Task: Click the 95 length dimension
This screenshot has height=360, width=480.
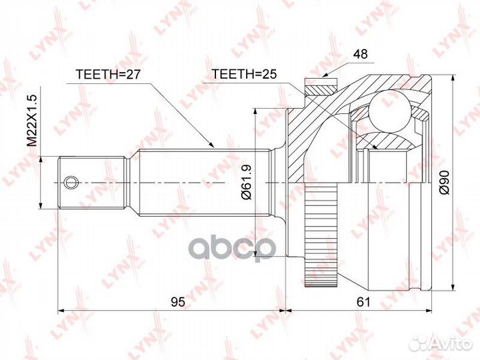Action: coord(177,302)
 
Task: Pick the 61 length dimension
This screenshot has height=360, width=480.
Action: coord(362,302)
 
